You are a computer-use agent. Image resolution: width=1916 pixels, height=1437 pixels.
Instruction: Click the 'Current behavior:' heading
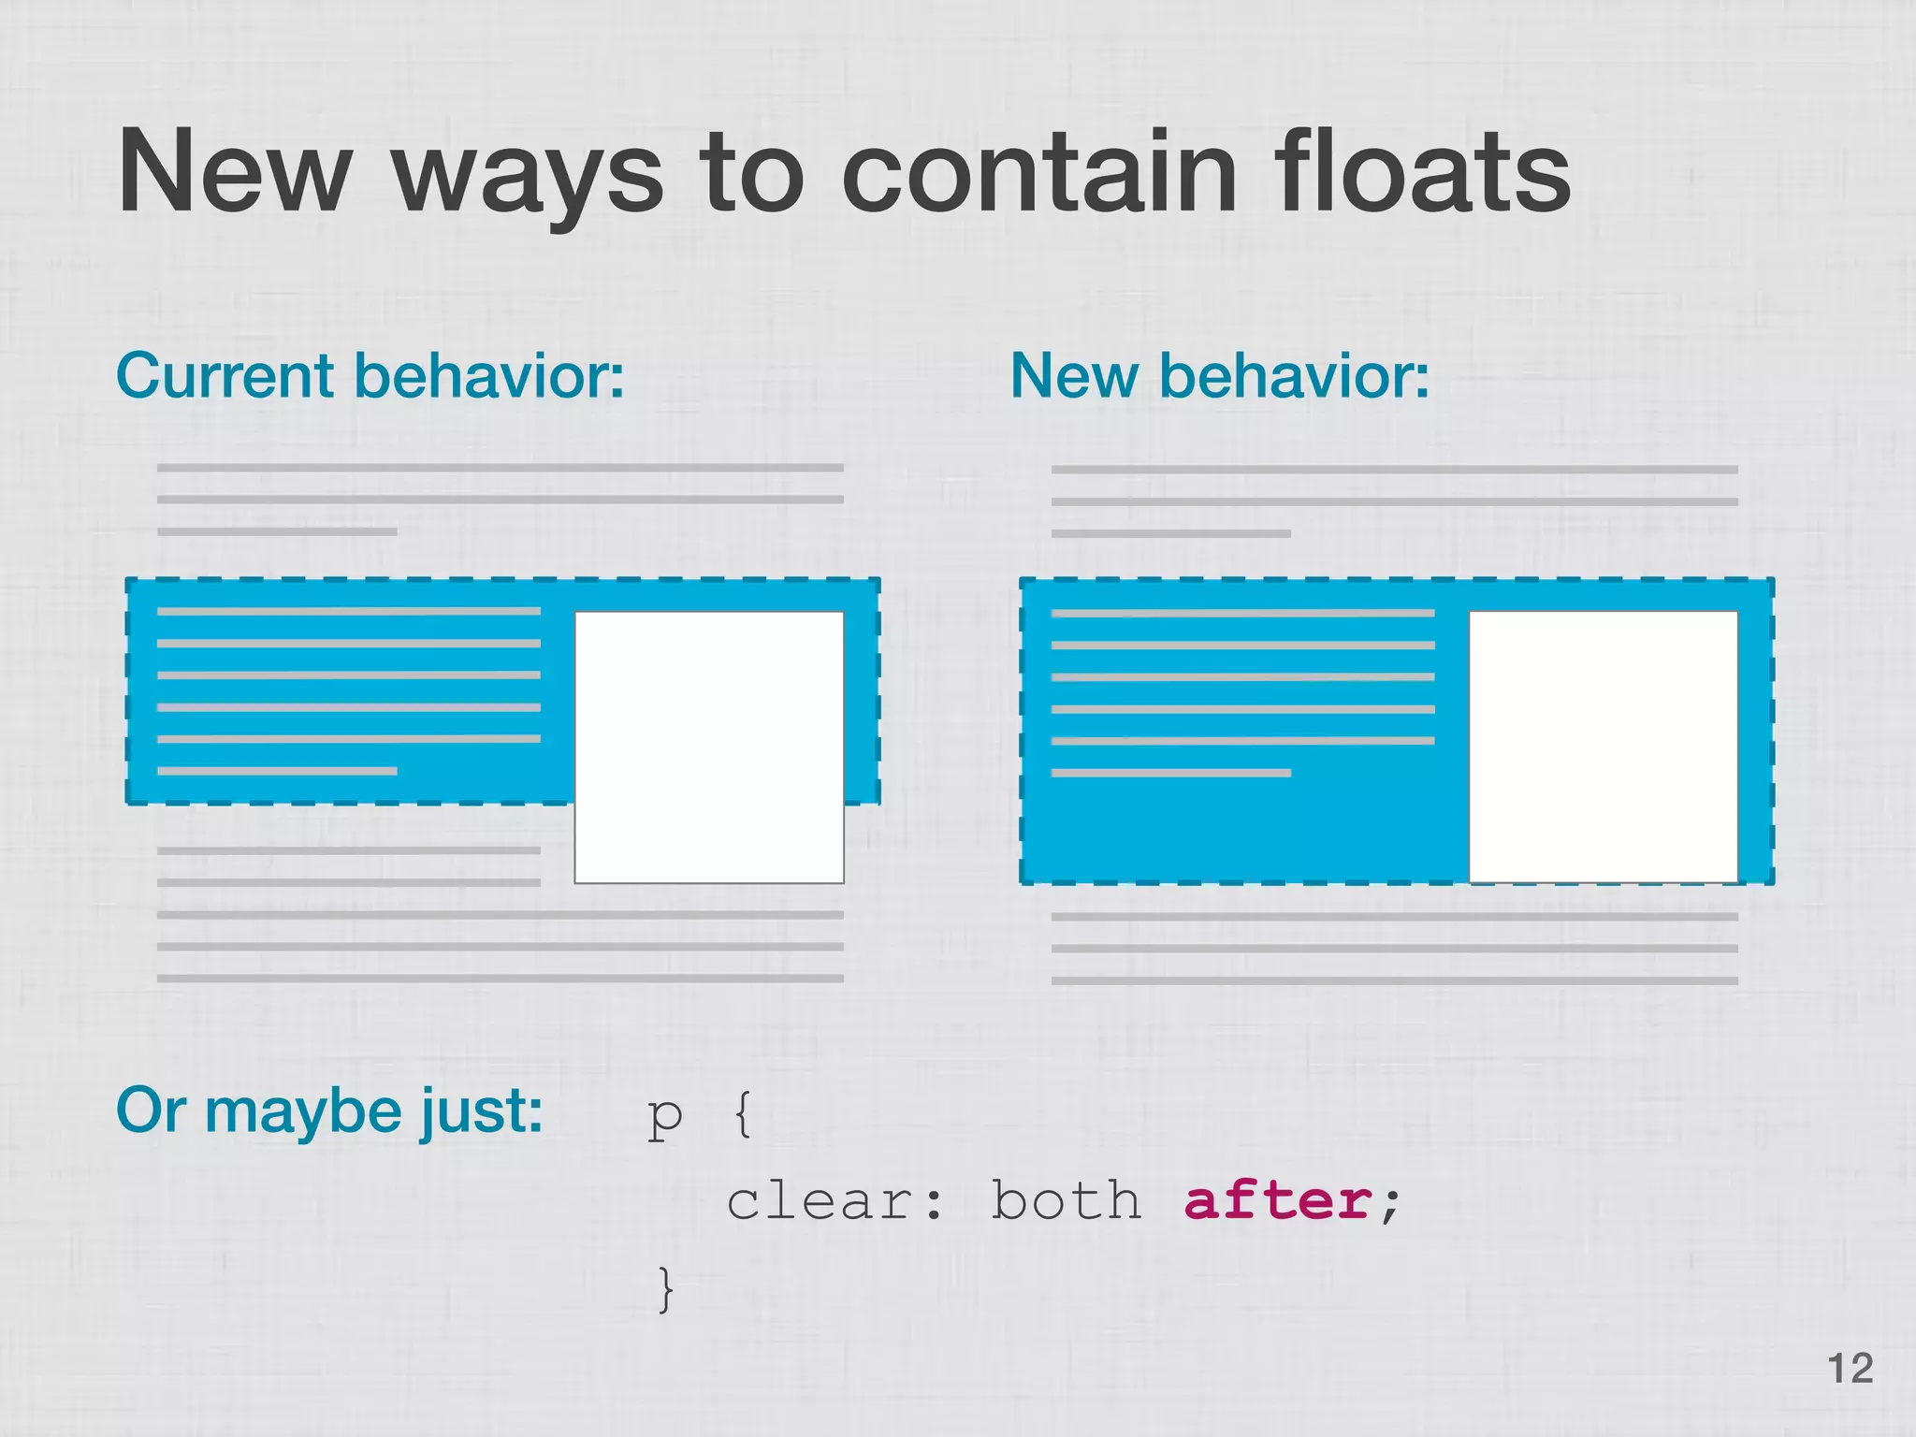tap(370, 376)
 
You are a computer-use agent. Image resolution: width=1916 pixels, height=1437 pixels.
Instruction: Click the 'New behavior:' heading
tap(1219, 376)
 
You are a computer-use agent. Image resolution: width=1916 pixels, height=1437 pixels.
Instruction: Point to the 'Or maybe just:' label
tap(328, 1111)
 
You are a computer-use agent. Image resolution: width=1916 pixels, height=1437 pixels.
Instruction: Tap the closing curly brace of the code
tap(665, 1289)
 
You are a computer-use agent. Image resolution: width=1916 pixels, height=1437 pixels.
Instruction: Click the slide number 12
tap(1850, 1369)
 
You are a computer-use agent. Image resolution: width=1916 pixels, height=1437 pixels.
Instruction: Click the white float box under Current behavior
tap(708, 747)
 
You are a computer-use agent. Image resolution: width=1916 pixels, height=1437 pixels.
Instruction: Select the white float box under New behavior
tap(1603, 747)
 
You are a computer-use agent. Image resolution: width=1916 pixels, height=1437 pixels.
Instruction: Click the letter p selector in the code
tap(664, 1117)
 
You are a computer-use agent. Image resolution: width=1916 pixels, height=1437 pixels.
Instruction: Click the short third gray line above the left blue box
tap(277, 531)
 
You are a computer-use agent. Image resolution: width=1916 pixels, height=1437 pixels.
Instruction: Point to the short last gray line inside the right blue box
tap(1170, 773)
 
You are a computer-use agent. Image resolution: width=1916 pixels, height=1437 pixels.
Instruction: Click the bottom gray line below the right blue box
tap(1394, 980)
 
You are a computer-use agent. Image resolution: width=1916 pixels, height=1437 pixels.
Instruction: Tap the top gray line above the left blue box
tap(500, 468)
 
